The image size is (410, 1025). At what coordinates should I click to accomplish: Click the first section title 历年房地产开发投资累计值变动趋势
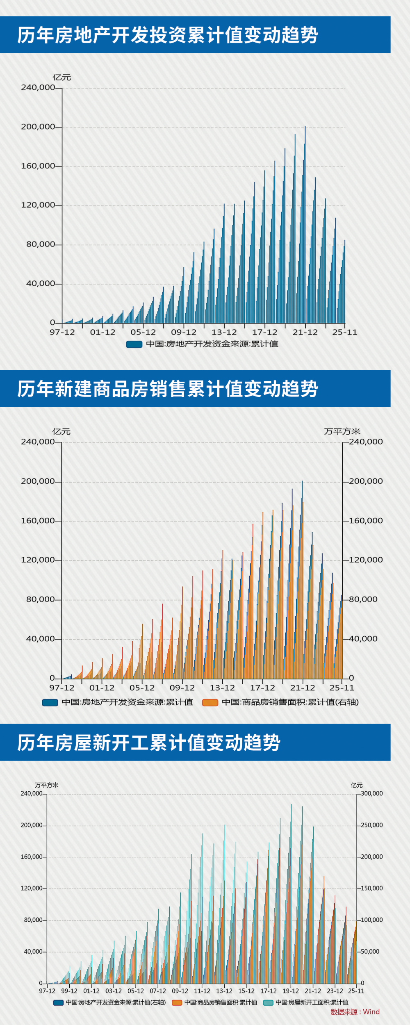click(x=167, y=35)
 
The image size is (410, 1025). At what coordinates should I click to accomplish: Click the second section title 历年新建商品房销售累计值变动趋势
click(x=167, y=389)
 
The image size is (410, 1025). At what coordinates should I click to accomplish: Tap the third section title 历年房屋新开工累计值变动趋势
click(x=148, y=743)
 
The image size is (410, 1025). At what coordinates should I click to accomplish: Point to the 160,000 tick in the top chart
click(x=38, y=166)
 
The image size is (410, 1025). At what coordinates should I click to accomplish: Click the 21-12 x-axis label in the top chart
click(x=305, y=333)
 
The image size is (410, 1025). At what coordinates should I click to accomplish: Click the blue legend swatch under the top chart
click(x=134, y=344)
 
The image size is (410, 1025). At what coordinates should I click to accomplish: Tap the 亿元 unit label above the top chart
click(x=62, y=77)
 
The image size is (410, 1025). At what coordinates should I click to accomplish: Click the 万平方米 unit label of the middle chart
click(x=342, y=431)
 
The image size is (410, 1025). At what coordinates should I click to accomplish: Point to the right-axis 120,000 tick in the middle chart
click(x=366, y=560)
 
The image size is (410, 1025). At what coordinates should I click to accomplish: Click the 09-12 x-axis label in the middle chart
click(x=182, y=688)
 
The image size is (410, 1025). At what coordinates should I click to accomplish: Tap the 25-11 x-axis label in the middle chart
click(x=342, y=688)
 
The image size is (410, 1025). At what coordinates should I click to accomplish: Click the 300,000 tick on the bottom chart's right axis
click(x=371, y=793)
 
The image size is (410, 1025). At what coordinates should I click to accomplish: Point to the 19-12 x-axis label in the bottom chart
click(x=290, y=991)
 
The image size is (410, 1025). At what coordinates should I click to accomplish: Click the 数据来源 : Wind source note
click(x=355, y=1012)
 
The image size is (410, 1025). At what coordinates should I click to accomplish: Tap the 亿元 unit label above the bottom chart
click(x=356, y=785)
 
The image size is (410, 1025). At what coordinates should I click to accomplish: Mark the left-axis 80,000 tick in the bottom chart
click(x=33, y=920)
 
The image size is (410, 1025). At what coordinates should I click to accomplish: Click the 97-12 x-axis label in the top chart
click(x=62, y=333)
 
